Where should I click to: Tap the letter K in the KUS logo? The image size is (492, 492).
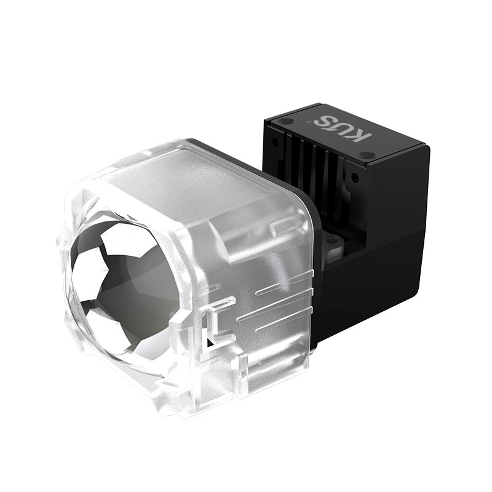362,136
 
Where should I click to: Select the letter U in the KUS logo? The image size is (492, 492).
343,129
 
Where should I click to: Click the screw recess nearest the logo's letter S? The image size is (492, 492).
285,121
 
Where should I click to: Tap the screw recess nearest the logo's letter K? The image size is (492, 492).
367,156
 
